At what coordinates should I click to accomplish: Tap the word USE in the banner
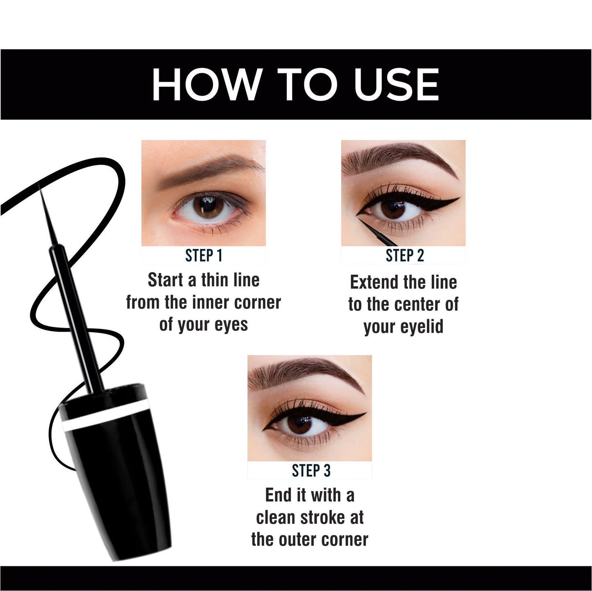pos(396,84)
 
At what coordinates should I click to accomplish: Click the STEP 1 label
pos(204,256)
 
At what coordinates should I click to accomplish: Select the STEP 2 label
pos(405,256)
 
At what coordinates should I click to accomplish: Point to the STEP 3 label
pos(311,471)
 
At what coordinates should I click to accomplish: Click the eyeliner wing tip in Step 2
pos(459,198)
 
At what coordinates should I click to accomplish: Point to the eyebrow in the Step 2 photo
pos(399,158)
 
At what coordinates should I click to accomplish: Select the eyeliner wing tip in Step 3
pos(365,413)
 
